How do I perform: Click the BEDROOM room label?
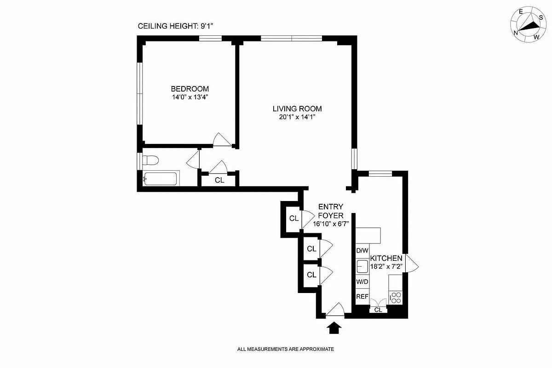(x=190, y=89)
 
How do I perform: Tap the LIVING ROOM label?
(x=297, y=109)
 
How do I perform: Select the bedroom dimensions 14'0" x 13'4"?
(x=190, y=97)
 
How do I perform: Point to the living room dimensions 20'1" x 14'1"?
(x=297, y=117)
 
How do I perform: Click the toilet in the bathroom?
(x=150, y=161)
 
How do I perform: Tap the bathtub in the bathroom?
(x=161, y=178)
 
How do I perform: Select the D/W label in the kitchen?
(x=362, y=251)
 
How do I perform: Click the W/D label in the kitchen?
(x=362, y=281)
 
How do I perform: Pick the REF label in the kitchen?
(x=362, y=297)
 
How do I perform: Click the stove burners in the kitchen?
(x=396, y=298)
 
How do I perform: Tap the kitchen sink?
(x=362, y=266)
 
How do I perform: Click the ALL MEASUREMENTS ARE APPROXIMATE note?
(x=285, y=349)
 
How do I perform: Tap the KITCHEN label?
(x=386, y=259)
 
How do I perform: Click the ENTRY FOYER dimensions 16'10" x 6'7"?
(x=331, y=224)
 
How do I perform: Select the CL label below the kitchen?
(x=378, y=310)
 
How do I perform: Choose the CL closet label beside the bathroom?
(x=219, y=180)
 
